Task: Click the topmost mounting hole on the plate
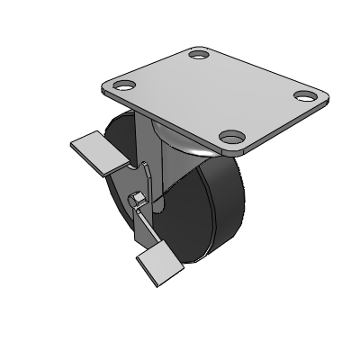199,56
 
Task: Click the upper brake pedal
94,150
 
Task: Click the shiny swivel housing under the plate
184,144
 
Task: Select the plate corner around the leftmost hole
112,87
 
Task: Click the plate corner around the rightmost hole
315,97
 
